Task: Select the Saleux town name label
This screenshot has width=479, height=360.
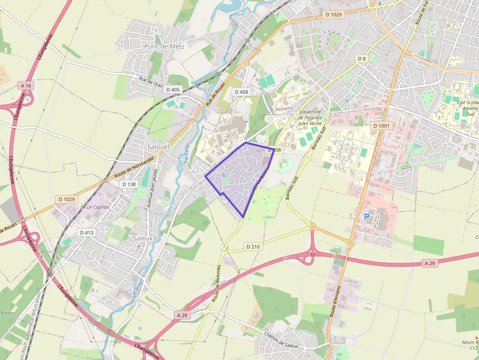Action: [143, 238]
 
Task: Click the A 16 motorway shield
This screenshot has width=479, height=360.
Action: [26, 85]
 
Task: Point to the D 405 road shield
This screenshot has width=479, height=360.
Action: [173, 89]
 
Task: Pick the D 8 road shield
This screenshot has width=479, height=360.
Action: [361, 59]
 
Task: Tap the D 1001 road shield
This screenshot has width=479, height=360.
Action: [382, 126]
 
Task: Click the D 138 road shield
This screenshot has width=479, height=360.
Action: [129, 184]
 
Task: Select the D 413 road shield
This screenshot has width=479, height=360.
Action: [86, 233]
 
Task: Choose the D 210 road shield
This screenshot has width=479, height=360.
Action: [253, 247]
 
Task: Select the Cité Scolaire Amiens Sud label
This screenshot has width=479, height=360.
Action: [465, 108]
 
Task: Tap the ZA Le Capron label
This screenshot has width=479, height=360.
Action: [95, 207]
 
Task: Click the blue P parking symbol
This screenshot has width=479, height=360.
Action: [367, 216]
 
